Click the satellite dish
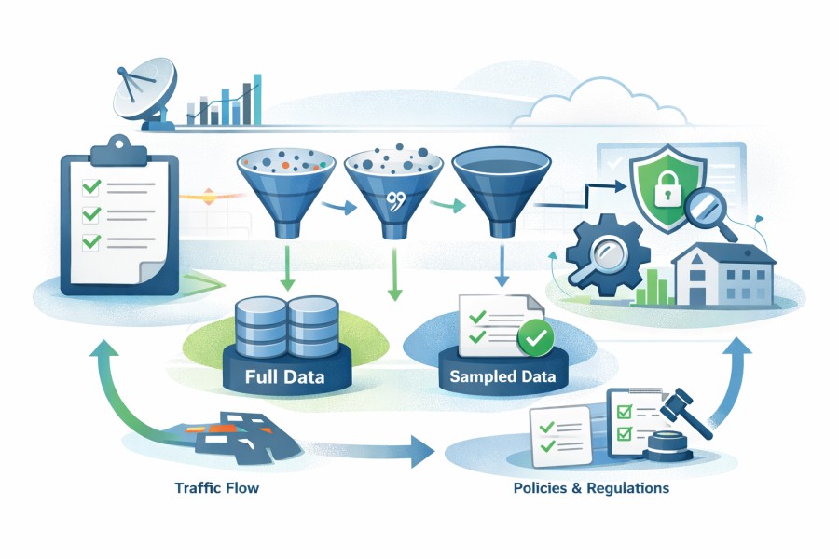[142, 93]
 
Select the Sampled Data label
[502, 377]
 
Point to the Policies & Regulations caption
[590, 487]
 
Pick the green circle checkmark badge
[535, 339]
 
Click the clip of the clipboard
[117, 148]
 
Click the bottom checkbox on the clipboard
[92, 243]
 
